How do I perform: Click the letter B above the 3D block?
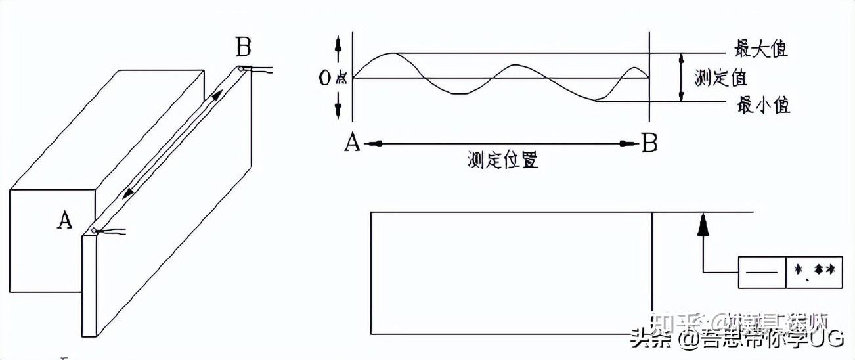click(243, 48)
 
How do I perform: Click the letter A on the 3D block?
click(64, 221)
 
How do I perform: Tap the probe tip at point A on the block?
click(95, 230)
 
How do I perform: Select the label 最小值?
click(764, 105)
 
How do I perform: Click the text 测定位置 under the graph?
click(503, 160)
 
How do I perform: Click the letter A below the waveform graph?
click(352, 143)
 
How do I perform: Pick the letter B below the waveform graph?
click(649, 143)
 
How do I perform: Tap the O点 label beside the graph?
click(332, 78)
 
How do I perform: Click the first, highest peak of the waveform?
click(392, 53)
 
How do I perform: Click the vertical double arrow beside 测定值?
click(681, 78)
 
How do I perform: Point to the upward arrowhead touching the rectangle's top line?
click(703, 223)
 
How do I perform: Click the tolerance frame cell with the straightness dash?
click(762, 271)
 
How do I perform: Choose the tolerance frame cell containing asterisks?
click(814, 271)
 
